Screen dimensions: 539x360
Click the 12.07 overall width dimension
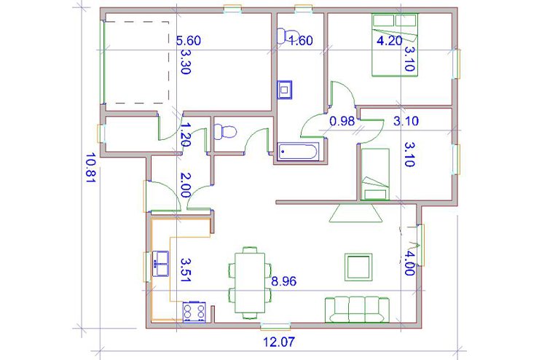click(x=279, y=342)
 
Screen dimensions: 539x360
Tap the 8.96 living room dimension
click(x=284, y=281)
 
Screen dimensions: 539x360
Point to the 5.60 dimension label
click(x=189, y=41)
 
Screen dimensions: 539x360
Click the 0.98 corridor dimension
click(x=342, y=121)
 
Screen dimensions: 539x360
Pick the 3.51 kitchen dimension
click(x=186, y=270)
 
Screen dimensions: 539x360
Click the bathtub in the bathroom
click(x=299, y=152)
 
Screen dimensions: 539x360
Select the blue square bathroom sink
click(x=285, y=90)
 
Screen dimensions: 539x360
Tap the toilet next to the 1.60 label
click(x=284, y=36)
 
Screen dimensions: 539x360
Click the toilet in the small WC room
click(x=225, y=132)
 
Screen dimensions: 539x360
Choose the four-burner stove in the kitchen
click(x=194, y=312)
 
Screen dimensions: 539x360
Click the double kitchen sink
click(x=160, y=263)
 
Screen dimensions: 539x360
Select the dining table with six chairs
click(x=250, y=283)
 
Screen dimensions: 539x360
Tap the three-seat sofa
click(x=357, y=310)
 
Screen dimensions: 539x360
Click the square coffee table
click(x=358, y=267)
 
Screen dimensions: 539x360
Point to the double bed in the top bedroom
click(x=395, y=44)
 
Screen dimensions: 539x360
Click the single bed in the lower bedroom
click(x=375, y=174)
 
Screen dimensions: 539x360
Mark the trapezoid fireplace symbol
click(x=355, y=214)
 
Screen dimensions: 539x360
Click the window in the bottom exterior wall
click(x=275, y=325)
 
